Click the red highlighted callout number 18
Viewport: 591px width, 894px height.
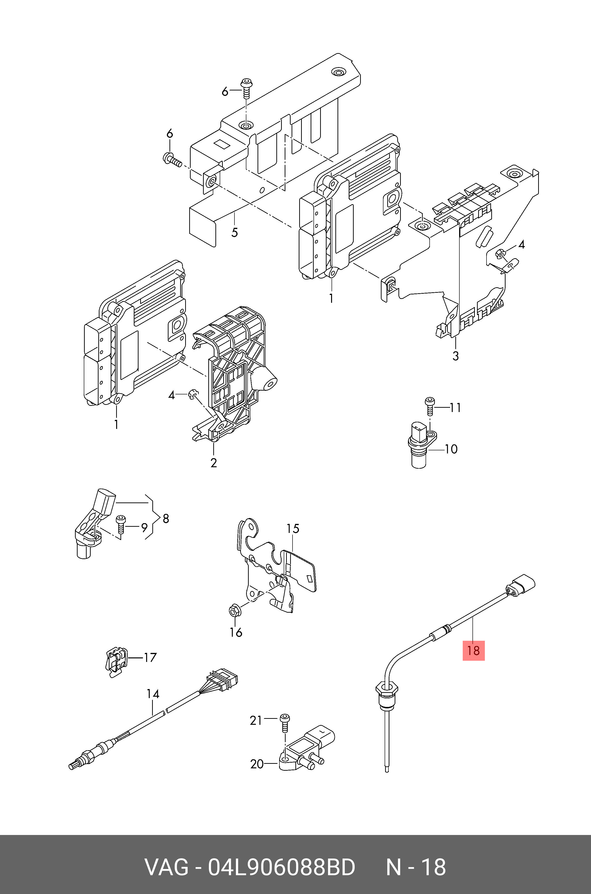click(x=473, y=651)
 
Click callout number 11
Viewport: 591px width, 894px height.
click(x=455, y=408)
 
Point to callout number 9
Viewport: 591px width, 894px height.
click(x=144, y=528)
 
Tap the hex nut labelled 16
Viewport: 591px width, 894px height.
click(x=233, y=610)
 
